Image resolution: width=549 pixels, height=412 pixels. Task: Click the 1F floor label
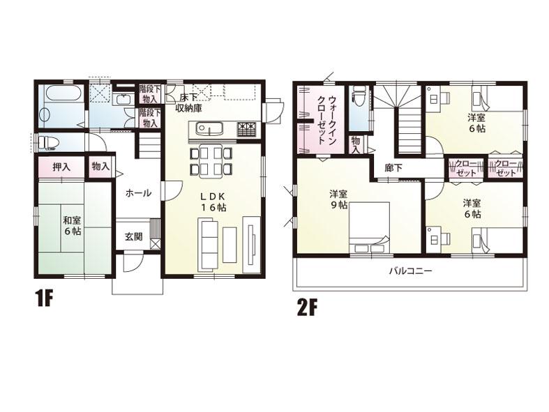coord(44,300)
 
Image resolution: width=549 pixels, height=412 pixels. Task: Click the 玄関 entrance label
coord(134,236)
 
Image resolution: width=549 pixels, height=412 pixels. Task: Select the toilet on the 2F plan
coord(359,98)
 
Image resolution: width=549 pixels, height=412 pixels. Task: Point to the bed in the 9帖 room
coord(370,227)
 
